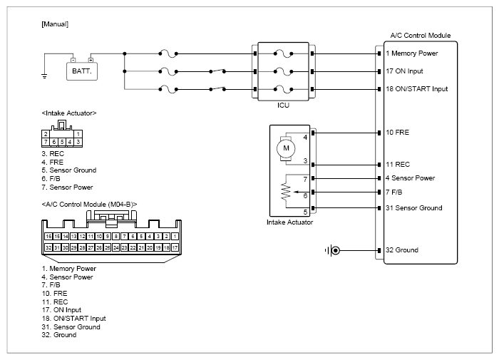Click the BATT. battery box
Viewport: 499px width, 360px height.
82,71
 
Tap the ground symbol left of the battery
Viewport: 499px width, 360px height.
44,76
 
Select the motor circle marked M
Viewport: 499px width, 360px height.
286,148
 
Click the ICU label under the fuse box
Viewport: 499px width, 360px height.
283,106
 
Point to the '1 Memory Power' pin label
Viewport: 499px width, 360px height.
412,53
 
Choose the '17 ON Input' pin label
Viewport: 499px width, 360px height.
404,71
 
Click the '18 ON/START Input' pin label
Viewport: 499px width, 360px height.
416,89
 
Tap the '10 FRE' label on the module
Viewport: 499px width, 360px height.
398,133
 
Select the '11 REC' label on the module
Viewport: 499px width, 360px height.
398,165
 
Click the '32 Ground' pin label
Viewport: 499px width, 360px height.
402,250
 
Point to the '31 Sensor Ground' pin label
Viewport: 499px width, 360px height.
414,208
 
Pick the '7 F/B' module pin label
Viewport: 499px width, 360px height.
393,192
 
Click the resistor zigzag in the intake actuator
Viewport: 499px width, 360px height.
286,191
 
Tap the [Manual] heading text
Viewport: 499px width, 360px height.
55,24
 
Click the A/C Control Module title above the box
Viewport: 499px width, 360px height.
421,36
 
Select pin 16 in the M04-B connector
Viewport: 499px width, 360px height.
48,237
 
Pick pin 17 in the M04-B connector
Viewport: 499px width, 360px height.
175,247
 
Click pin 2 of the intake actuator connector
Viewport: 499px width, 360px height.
46,134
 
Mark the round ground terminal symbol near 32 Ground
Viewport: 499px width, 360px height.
335,250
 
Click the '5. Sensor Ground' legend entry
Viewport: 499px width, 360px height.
68,170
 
